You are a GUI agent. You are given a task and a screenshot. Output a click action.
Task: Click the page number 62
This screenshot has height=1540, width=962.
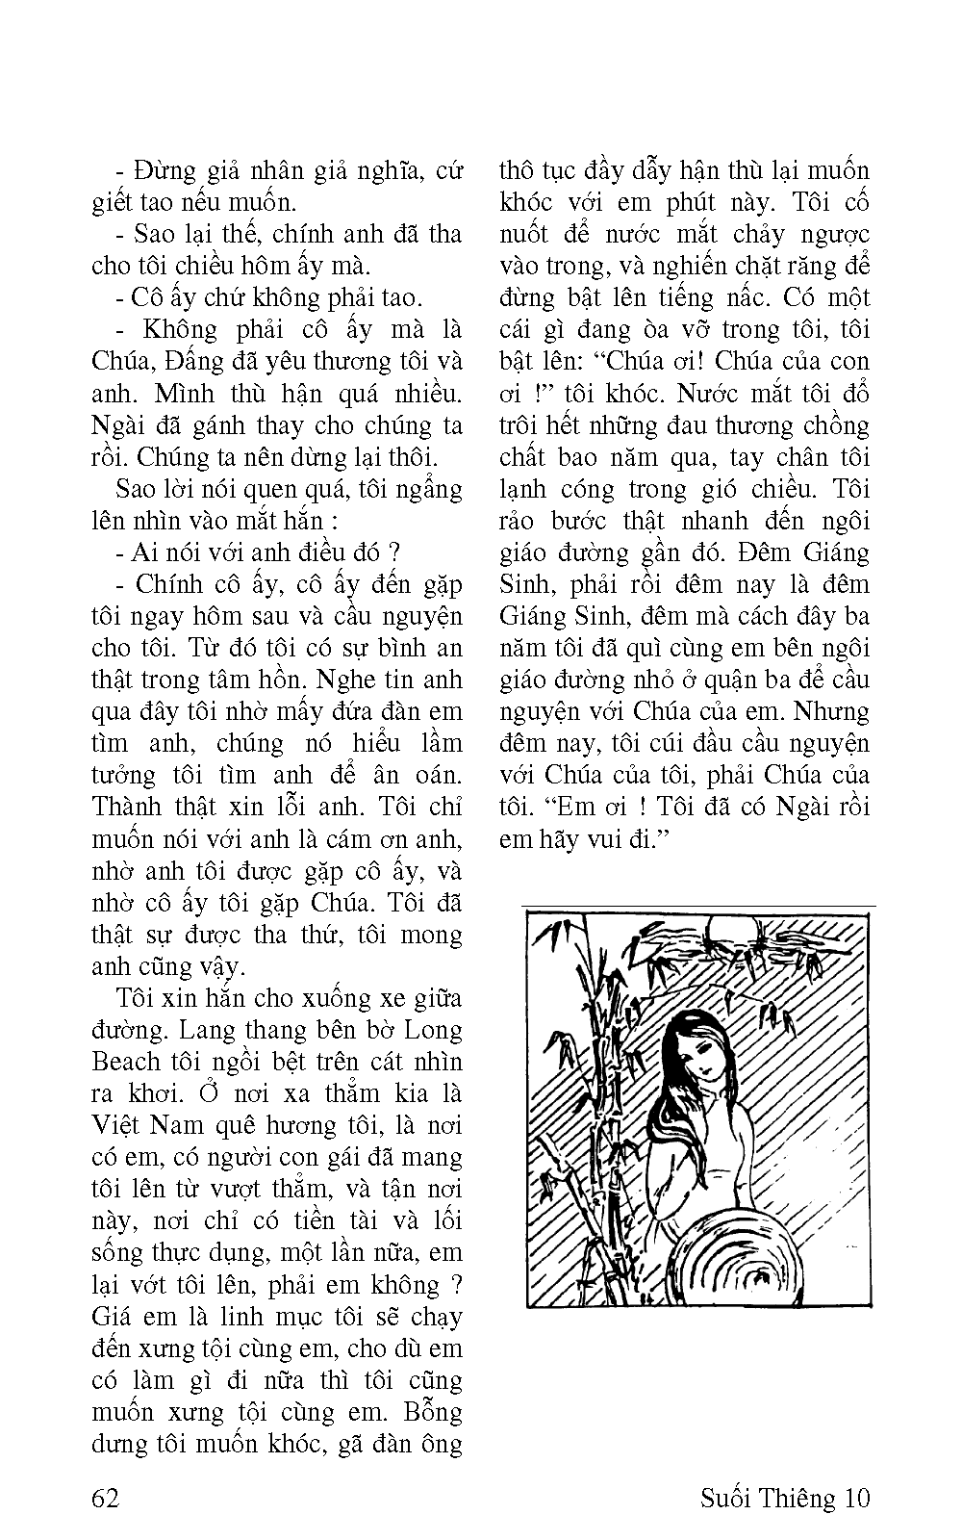point(105,1499)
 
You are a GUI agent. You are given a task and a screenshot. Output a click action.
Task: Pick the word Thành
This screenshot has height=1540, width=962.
point(128,807)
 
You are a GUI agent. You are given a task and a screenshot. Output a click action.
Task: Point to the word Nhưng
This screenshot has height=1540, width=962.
point(833,711)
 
